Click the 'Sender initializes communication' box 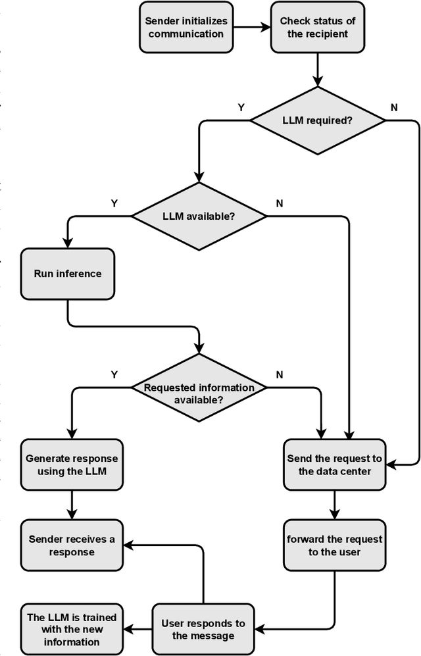pos(186,28)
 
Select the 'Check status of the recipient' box pos(317,28)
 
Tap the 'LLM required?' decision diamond pos(318,120)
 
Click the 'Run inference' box pos(68,273)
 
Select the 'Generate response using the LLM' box pos(71,464)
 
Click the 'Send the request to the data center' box pos(335,464)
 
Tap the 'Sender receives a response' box pos(71,545)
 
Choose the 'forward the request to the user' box pos(335,545)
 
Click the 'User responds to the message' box pos(203,629)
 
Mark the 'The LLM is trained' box pos(71,629)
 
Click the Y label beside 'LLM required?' pos(241,107)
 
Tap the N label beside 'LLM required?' pos(394,107)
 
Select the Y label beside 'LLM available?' pos(114,203)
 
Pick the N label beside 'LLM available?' pos(280,203)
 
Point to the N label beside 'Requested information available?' pos(280,374)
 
